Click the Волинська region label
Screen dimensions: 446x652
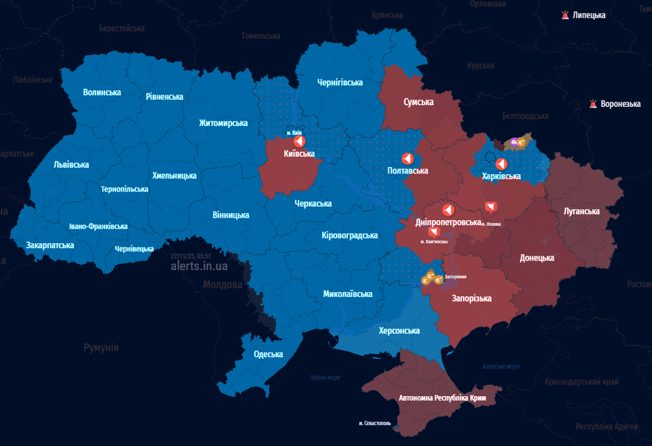click(x=102, y=92)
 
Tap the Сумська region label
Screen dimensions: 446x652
click(x=419, y=102)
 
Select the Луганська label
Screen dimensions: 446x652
click(x=581, y=211)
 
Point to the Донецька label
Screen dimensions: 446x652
click(x=536, y=258)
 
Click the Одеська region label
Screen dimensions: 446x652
click(x=268, y=354)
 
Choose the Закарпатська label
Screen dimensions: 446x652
click(x=50, y=245)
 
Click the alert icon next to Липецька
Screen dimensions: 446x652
click(x=565, y=15)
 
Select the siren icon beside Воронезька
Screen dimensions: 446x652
click(x=593, y=104)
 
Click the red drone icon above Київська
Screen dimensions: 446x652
click(x=299, y=141)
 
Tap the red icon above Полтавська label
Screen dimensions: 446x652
click(x=407, y=159)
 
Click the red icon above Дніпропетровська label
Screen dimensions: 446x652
click(x=448, y=210)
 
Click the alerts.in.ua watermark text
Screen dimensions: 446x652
click(x=199, y=266)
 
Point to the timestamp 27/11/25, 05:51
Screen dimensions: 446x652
click(x=191, y=256)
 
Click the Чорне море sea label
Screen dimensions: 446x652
click(x=325, y=377)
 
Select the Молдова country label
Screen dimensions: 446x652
click(x=223, y=285)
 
